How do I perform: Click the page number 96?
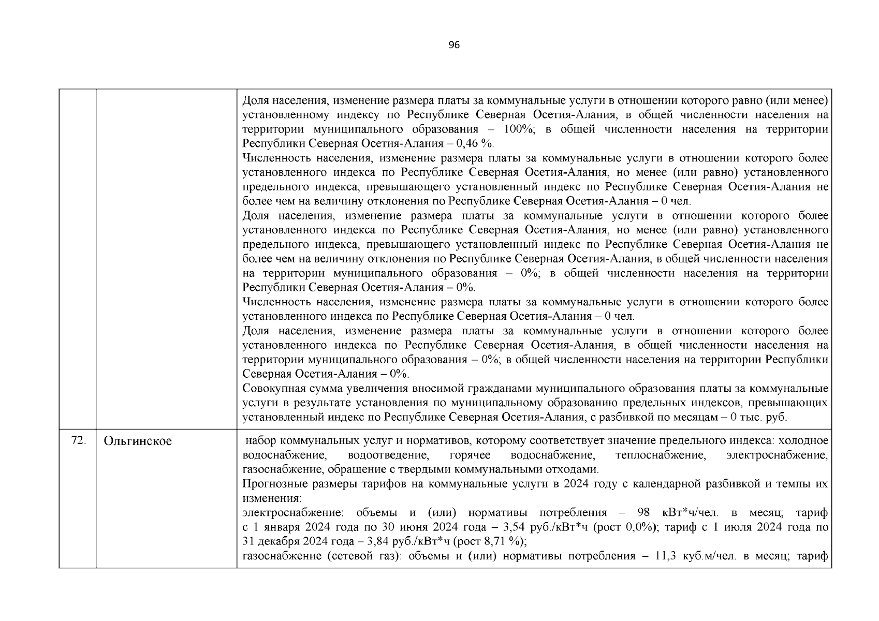pyautogui.click(x=453, y=45)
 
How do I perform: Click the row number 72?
pyautogui.click(x=78, y=441)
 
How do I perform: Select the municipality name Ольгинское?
pyautogui.click(x=138, y=441)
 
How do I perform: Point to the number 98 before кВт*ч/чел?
pyautogui.click(x=643, y=513)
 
